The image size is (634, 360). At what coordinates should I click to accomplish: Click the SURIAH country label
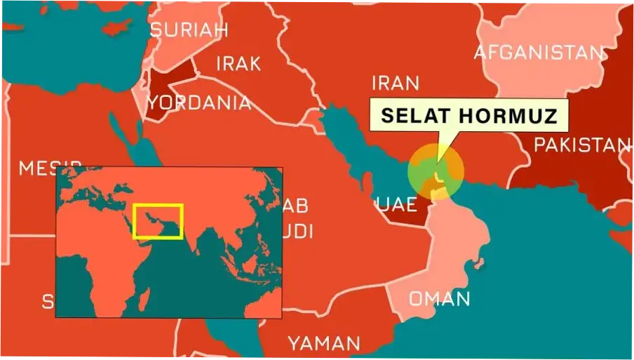click(x=189, y=30)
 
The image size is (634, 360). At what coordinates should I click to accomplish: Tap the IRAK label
click(x=238, y=64)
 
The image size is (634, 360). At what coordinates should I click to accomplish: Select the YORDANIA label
click(x=198, y=103)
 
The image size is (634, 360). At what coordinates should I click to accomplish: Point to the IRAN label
click(x=396, y=84)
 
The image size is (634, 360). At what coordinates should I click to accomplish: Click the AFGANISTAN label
click(x=539, y=53)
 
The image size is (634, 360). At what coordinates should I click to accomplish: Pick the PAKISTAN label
click(x=582, y=145)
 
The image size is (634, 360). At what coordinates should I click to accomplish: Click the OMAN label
click(x=439, y=299)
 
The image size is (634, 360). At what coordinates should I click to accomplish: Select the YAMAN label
click(x=324, y=343)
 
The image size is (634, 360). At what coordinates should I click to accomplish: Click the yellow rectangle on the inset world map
click(x=158, y=222)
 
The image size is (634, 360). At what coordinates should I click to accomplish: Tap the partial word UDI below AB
click(x=298, y=232)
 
